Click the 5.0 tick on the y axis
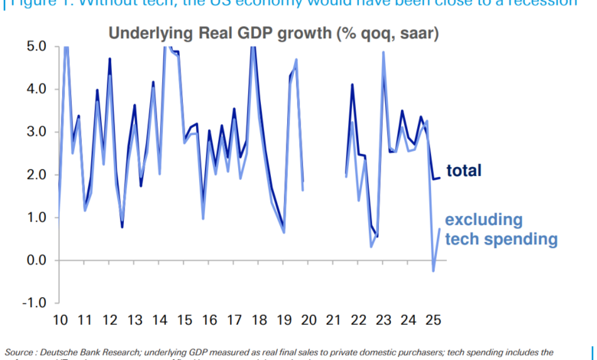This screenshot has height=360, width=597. point(36,46)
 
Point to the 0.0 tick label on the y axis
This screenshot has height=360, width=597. point(36,260)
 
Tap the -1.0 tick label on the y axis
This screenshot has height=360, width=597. point(34,303)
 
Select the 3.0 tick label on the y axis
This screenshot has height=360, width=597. point(36,132)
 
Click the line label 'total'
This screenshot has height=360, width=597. point(465,171)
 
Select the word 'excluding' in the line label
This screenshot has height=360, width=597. point(484,221)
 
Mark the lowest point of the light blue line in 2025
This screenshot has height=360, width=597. point(433,270)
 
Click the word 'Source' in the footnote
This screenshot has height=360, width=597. point(21,352)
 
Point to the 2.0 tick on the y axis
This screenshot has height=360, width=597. point(36,175)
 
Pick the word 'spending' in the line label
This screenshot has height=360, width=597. point(524,239)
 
